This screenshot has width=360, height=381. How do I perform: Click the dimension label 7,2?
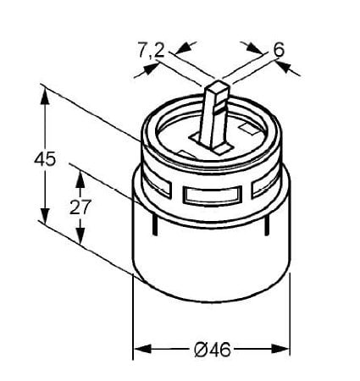pyautogui.click(x=151, y=50)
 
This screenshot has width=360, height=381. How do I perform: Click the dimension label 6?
pyautogui.click(x=279, y=49)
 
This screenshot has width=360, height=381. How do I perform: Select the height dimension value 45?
pyautogui.click(x=45, y=159)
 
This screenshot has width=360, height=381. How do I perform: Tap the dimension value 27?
pyautogui.click(x=80, y=207)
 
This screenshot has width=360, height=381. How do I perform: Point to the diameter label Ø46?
pyautogui.click(x=213, y=350)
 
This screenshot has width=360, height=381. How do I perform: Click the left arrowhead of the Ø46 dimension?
pyautogui.click(x=142, y=349)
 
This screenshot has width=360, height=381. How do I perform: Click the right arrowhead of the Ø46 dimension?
pyautogui.click(x=280, y=349)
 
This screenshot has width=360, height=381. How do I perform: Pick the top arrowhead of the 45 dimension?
pyautogui.click(x=45, y=96)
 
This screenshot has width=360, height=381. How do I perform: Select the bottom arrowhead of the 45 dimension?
pyautogui.click(x=45, y=216)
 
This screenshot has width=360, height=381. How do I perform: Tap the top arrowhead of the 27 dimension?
pyautogui.click(x=80, y=179)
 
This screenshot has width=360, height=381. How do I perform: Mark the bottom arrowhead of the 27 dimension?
pyautogui.click(x=80, y=235)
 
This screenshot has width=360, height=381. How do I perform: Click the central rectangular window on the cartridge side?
pyautogui.click(x=213, y=195)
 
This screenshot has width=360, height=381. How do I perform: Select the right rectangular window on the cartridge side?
pyautogui.click(x=266, y=186)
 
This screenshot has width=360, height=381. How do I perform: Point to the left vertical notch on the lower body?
pyautogui.click(x=154, y=224)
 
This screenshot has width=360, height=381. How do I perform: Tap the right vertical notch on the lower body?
pyautogui.click(x=266, y=224)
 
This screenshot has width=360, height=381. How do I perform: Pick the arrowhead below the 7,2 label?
pyautogui.click(x=151, y=69)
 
